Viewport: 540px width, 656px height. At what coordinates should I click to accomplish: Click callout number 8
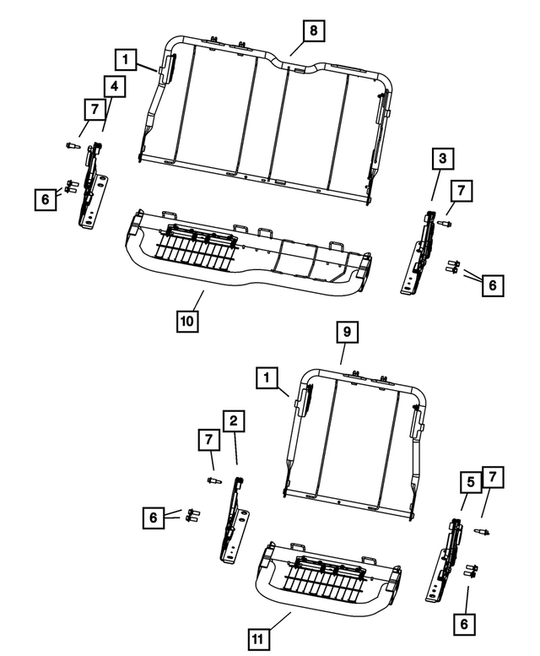click(x=312, y=30)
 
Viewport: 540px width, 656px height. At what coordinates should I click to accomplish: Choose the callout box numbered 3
click(x=441, y=157)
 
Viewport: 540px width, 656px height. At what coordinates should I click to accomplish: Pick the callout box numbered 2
click(x=234, y=420)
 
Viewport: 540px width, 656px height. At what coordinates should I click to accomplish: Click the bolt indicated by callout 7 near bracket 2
click(x=213, y=480)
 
